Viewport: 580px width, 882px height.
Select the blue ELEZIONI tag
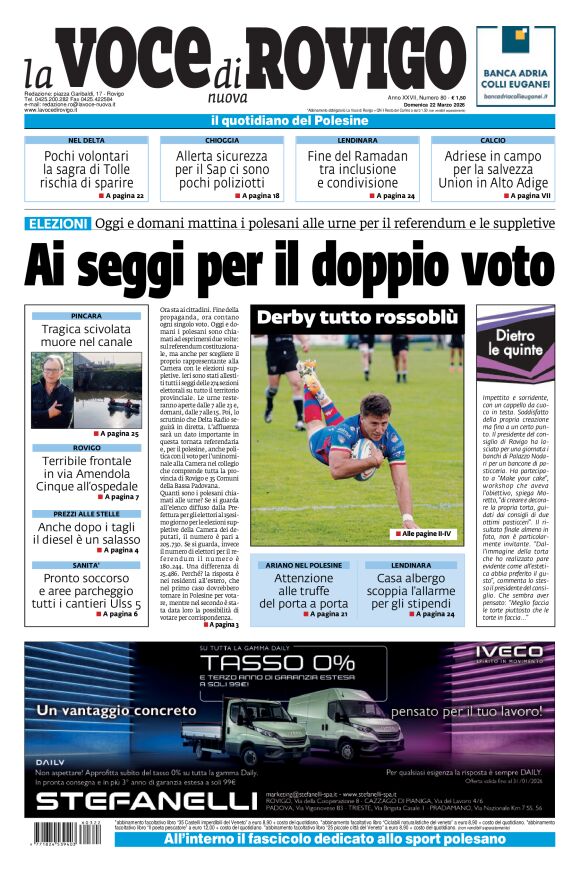57,223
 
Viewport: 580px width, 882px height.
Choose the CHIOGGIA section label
222,141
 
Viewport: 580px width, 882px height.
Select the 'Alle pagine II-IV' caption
425,534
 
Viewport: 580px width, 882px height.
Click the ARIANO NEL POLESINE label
303,565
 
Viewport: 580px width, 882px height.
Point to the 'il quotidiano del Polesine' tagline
289,121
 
